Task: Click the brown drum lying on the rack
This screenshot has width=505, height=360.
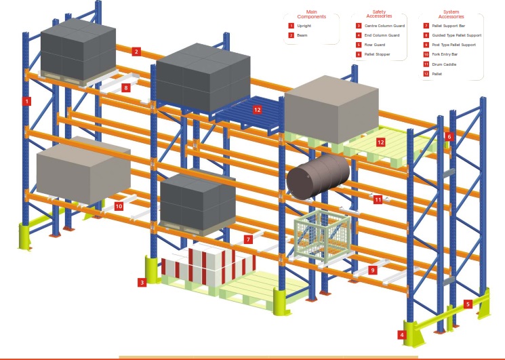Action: tap(317, 176)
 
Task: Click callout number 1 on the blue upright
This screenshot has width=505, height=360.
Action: tap(26, 102)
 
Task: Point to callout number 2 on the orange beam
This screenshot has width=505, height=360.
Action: tap(136, 52)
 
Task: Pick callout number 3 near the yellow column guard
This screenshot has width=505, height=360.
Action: tap(142, 282)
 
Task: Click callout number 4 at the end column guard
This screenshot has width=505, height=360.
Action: tap(402, 334)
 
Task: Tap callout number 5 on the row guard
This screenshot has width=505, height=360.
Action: tap(468, 304)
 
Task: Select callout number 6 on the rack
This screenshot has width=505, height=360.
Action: tap(449, 137)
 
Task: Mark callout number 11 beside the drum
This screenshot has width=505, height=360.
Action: tap(378, 199)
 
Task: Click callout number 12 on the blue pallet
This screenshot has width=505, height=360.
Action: tap(257, 109)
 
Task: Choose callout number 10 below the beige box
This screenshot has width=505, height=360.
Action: tap(119, 206)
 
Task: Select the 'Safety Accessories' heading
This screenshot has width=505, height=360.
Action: tap(379, 14)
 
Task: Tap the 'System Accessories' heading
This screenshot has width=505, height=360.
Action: tap(451, 14)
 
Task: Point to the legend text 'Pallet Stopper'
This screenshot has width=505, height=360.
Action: tap(376, 54)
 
